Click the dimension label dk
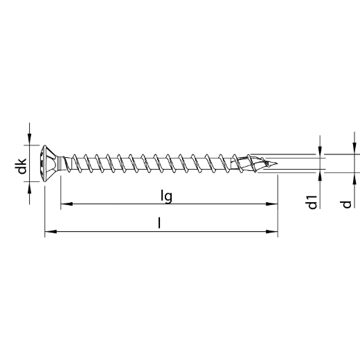[x=22, y=165]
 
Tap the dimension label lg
[x=166, y=197]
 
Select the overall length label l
[x=159, y=223]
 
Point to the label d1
[x=313, y=202]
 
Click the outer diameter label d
[x=346, y=205]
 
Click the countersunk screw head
[x=51, y=163]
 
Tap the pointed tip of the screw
[x=277, y=164]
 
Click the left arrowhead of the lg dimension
[x=66, y=204]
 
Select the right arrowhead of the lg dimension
[x=272, y=204]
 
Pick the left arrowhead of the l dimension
[x=51, y=231]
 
